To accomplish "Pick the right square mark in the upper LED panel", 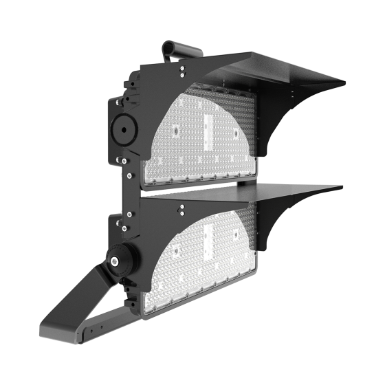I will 236,131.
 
